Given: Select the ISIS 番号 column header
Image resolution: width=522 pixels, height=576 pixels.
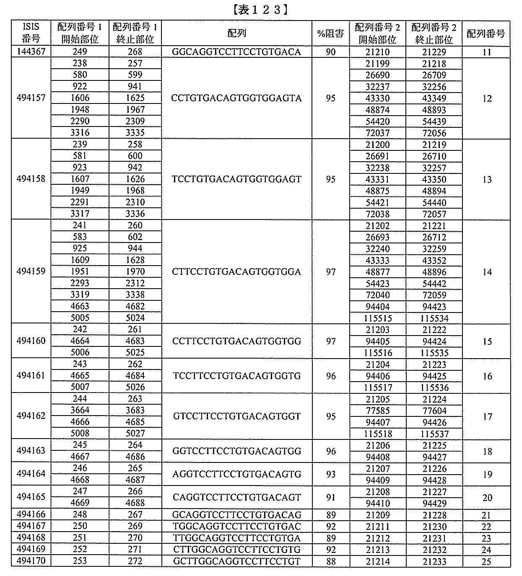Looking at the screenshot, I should click(x=31, y=33).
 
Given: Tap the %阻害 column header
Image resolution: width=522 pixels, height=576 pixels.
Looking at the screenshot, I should click(x=330, y=34).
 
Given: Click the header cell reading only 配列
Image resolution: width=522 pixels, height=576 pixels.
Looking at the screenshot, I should click(x=236, y=34).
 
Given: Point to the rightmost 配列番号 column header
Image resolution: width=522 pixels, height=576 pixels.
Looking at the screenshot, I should click(x=486, y=34).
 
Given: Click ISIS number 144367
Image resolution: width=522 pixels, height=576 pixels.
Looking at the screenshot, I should click(x=31, y=52).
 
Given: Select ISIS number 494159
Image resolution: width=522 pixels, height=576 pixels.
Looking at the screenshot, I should click(x=31, y=271).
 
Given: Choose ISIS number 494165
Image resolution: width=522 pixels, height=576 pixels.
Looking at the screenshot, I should click(x=31, y=497).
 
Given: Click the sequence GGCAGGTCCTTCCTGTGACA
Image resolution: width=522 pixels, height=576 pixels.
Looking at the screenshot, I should click(x=236, y=52).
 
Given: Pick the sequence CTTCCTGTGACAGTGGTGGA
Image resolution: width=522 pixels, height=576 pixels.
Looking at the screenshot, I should click(x=236, y=271).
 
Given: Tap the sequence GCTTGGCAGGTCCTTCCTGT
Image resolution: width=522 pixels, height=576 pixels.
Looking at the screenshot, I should click(x=236, y=561).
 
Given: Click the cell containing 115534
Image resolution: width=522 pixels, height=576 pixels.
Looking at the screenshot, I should click(x=434, y=318).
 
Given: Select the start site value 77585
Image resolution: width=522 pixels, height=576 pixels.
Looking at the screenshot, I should click(x=377, y=411).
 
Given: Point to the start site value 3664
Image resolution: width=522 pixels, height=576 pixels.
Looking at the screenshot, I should click(x=80, y=410).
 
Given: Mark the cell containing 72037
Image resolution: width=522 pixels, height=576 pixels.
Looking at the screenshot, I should click(x=377, y=133).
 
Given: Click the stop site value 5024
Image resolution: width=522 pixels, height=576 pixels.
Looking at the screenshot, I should click(x=135, y=318).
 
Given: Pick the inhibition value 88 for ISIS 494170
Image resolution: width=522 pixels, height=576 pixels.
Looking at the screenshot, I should click(x=330, y=561).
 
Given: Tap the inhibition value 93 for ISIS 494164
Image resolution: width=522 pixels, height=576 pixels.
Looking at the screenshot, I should click(x=330, y=474).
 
